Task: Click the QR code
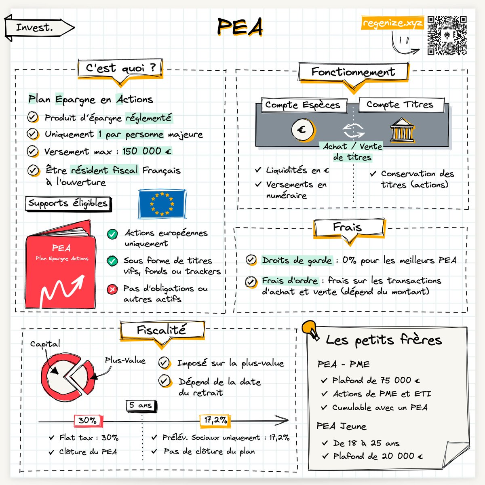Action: click(447, 35)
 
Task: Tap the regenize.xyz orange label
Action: click(392, 23)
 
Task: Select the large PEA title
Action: click(240, 27)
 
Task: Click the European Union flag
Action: click(162, 204)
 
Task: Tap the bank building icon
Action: click(402, 130)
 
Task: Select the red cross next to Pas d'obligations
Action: click(112, 289)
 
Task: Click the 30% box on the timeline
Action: click(88, 421)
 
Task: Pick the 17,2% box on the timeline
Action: click(215, 420)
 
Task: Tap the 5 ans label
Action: click(141, 405)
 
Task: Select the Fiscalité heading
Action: click(162, 330)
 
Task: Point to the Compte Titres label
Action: click(401, 105)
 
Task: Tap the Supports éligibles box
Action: click(68, 203)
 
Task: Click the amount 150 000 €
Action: click(147, 151)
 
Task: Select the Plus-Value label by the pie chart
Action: click(125, 360)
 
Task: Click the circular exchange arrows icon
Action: click(353, 130)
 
